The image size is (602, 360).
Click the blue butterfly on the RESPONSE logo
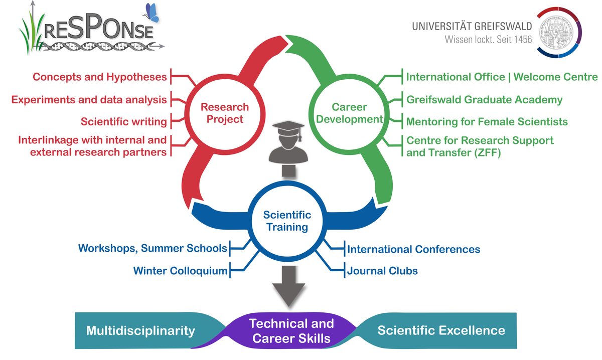point(152,13)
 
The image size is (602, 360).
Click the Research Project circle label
point(224,113)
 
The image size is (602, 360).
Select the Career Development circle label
point(350,113)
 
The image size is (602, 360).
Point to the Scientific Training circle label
point(287,221)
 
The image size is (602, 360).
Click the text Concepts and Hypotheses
point(99,77)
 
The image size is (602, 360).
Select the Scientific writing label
point(123,121)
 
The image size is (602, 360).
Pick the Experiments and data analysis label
point(89,100)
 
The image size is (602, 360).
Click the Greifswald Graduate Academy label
point(484,100)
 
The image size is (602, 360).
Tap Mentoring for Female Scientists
point(487,121)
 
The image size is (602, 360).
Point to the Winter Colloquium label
point(180,271)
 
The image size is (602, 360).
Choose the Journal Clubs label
point(382,271)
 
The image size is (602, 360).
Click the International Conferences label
point(413,249)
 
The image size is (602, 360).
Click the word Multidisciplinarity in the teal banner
point(140,331)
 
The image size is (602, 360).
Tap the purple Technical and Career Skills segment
point(291,331)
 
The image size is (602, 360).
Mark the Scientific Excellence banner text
point(441,330)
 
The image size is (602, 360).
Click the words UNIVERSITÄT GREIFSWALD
point(472,26)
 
